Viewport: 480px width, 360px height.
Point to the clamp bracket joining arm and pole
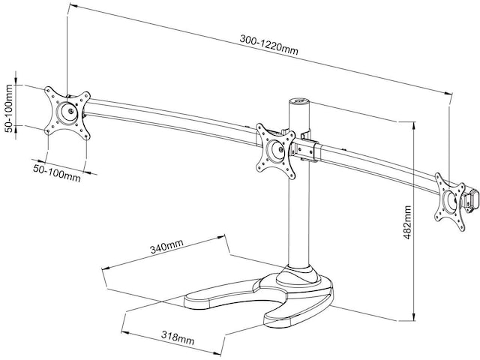[307, 149]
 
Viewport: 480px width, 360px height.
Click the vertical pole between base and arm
[301, 202]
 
